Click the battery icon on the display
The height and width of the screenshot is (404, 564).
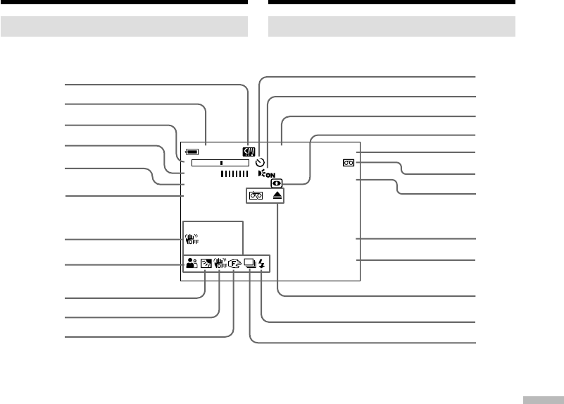(x=193, y=151)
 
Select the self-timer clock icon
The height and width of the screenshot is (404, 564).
(x=260, y=161)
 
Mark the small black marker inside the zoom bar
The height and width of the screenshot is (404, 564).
(x=221, y=162)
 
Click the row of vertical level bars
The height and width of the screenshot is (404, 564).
(x=234, y=173)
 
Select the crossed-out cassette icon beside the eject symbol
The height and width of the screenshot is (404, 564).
(x=256, y=197)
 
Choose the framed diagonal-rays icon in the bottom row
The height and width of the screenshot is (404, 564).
(x=206, y=265)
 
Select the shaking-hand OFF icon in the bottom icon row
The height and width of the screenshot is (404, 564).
(x=219, y=265)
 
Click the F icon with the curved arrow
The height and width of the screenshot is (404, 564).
(x=234, y=265)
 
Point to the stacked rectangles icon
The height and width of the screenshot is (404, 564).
(x=250, y=265)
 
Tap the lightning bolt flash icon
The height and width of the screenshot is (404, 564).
(x=263, y=265)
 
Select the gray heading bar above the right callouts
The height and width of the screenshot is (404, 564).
(x=392, y=27)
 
